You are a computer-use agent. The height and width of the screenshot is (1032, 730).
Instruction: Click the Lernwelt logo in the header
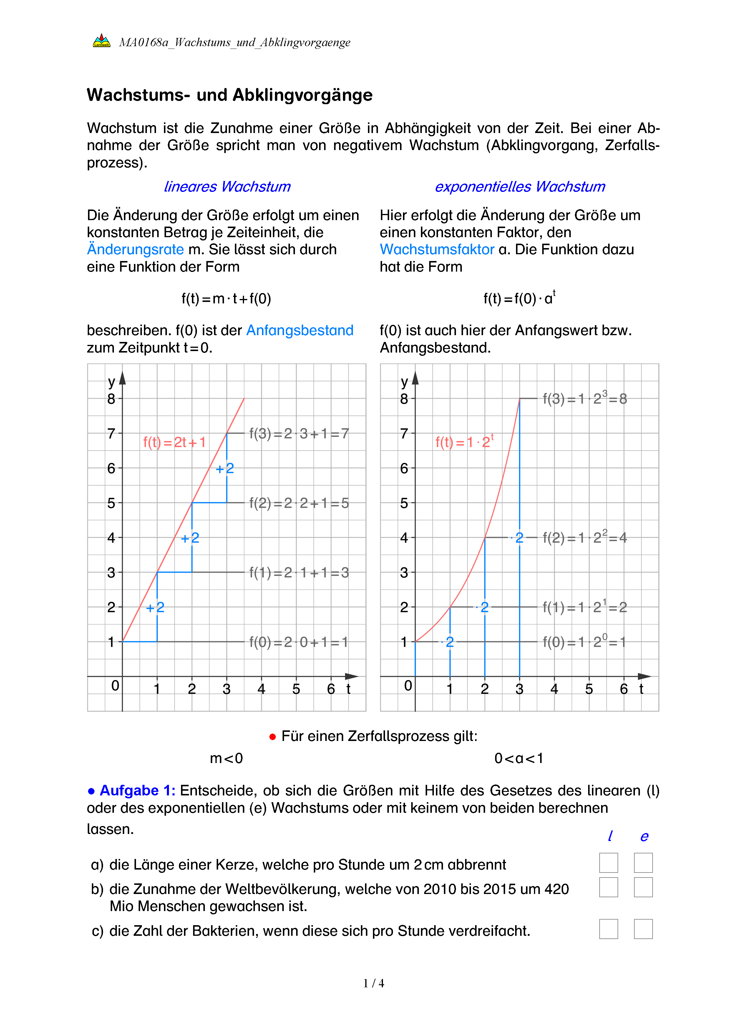click(x=102, y=41)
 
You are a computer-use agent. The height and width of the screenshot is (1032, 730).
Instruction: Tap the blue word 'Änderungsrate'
click(x=135, y=250)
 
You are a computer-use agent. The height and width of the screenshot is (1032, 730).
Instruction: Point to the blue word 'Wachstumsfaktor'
click(x=437, y=250)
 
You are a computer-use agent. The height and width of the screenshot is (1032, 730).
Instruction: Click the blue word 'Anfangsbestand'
click(x=300, y=330)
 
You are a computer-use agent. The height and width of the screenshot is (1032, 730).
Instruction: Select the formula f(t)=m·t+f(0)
click(x=226, y=299)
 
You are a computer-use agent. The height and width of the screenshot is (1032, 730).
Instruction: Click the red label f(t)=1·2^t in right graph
click(x=464, y=442)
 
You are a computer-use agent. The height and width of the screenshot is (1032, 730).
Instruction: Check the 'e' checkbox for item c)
click(x=643, y=929)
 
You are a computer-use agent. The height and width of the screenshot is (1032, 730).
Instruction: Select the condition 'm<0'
click(x=226, y=759)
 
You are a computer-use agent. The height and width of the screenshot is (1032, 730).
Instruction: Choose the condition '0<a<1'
click(x=519, y=759)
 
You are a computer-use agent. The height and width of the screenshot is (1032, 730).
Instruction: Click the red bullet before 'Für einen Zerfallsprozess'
click(x=272, y=737)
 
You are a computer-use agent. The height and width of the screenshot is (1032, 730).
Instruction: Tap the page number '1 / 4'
click(x=374, y=983)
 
